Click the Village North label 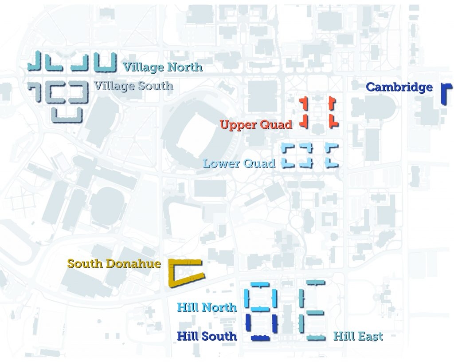coord(162,67)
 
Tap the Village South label coord(133,85)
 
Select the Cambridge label coord(399,87)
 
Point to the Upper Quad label coord(256,125)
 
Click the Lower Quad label coord(239,163)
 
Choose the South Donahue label coord(114,264)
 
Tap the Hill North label coord(207,307)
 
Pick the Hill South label coord(207,336)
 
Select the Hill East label coord(358,336)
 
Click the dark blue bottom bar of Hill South coord(260,338)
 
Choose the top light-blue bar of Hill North coord(260,284)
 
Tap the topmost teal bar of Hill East coord(315,282)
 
